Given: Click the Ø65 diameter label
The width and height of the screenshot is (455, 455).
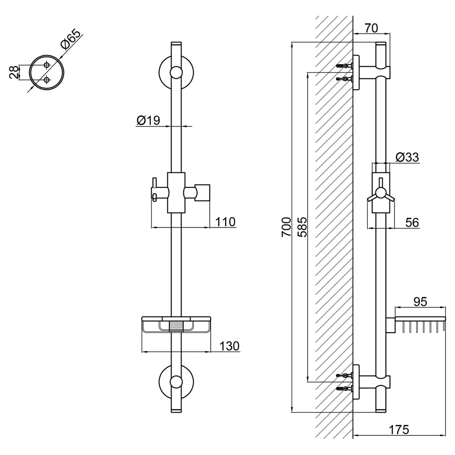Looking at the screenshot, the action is pyautogui.click(x=71, y=39).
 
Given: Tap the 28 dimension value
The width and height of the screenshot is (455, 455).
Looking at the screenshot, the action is pyautogui.click(x=14, y=72).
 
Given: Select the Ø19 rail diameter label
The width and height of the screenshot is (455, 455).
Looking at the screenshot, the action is pyautogui.click(x=148, y=120).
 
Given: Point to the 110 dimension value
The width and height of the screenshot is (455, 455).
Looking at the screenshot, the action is pyautogui.click(x=225, y=222).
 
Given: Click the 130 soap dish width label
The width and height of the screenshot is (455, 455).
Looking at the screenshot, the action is pyautogui.click(x=229, y=346).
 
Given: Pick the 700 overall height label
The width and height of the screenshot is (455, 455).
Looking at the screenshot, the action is pyautogui.click(x=286, y=227).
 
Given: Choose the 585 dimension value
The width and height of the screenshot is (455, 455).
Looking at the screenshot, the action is pyautogui.click(x=302, y=227).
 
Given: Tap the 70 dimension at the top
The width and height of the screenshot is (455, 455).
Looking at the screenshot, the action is pyautogui.click(x=371, y=28).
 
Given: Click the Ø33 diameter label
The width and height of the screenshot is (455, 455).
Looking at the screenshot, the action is pyautogui.click(x=407, y=157).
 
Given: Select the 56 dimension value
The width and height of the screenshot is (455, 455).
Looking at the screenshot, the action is pyautogui.click(x=412, y=222).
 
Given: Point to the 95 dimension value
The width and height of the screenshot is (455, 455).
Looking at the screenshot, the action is pyautogui.click(x=420, y=302).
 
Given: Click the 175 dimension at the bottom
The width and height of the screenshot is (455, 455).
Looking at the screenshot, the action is pyautogui.click(x=399, y=430).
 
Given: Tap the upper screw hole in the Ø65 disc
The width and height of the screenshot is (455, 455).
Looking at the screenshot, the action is pyautogui.click(x=47, y=65).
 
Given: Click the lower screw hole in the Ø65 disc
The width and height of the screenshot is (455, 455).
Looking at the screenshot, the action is pyautogui.click(x=47, y=79).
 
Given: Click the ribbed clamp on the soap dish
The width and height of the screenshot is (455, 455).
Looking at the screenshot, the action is pyautogui.click(x=176, y=326).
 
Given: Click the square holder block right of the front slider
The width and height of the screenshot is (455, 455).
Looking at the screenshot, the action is pyautogui.click(x=202, y=192).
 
